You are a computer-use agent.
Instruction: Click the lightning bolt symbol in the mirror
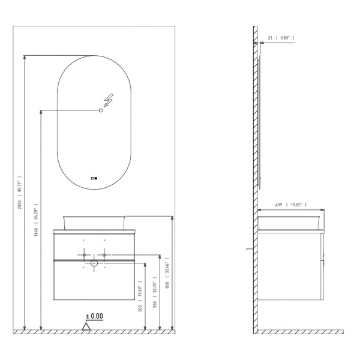pos(109,99)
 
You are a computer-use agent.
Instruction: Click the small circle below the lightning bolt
pos(101,110)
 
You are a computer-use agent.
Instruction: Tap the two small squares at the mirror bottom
pos(93,178)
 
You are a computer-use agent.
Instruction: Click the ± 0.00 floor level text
pos(94,316)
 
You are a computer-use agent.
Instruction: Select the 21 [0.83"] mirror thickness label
pos(279,38)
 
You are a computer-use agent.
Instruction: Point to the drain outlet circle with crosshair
pos(94,263)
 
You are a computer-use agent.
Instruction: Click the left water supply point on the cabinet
pos(83,256)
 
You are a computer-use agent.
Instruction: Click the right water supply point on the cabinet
pos(104,256)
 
